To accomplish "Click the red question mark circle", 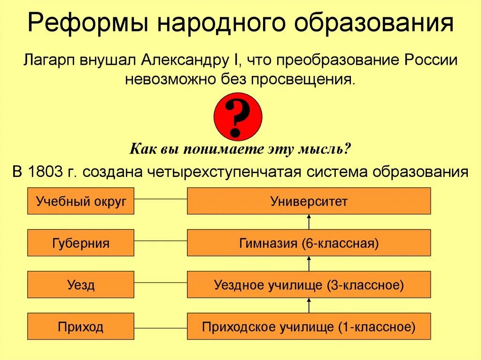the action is [x=238, y=117].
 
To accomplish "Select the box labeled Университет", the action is [x=309, y=201].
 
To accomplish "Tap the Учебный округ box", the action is [x=81, y=201].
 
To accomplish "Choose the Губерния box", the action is [x=81, y=243].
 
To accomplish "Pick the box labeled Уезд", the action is [x=81, y=284].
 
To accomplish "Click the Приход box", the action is [x=81, y=326].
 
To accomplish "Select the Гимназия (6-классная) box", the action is [x=309, y=243].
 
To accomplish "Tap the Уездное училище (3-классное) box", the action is [x=309, y=284].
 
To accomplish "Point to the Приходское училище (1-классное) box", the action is [x=309, y=326].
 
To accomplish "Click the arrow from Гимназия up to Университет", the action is [x=309, y=222].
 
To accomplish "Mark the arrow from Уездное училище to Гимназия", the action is [x=309, y=264].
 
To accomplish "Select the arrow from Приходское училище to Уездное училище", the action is [x=309, y=306].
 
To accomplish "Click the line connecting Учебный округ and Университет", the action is [x=161, y=199].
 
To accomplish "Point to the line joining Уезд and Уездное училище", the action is [x=161, y=283].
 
